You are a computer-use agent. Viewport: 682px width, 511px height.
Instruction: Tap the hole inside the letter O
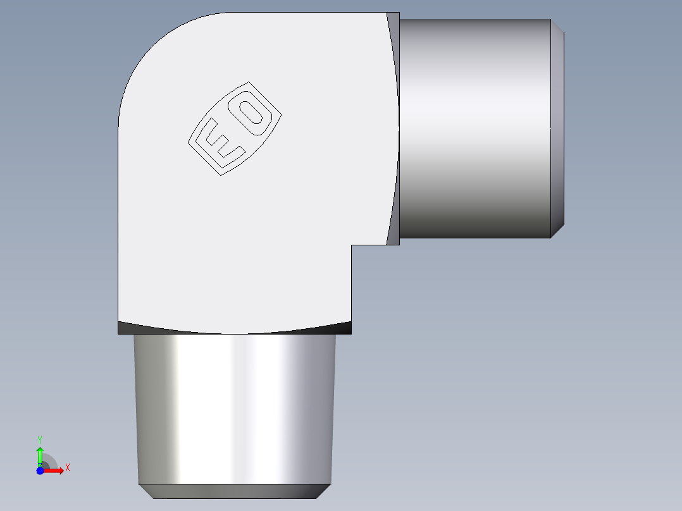pos(254,113)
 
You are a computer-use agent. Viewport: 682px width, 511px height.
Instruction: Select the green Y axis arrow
pos(40,454)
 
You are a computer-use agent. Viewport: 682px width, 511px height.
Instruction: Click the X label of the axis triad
pos(68,468)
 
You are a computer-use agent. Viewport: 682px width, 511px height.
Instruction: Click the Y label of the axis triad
pos(40,439)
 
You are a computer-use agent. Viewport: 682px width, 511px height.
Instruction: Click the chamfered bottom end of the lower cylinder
pos(235,491)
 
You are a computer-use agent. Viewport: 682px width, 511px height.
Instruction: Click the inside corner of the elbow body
pos(352,245)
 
